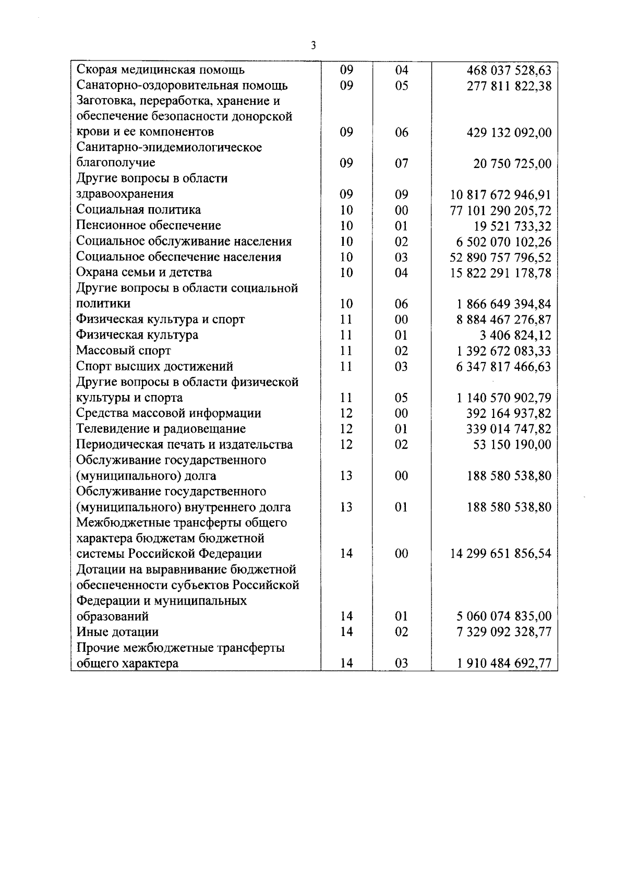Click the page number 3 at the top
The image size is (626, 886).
[313, 46]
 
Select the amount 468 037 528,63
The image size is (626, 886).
[509, 70]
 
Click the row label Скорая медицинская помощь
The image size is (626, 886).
[160, 70]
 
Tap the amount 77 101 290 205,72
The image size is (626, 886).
[500, 211]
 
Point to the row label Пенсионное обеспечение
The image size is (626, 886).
[149, 225]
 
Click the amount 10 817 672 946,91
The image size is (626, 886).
[500, 195]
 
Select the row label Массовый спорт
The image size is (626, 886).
[124, 351]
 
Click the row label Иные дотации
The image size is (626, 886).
[117, 632]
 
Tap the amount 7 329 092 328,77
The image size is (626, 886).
[504, 632]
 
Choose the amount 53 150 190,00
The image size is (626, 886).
[512, 445]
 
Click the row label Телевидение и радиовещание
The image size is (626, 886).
[161, 429]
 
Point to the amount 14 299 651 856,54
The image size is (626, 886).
[500, 554]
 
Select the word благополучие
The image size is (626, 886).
[116, 163]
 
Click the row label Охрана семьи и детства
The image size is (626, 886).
[144, 272]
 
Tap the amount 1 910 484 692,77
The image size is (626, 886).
[504, 663]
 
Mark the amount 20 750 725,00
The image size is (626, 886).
[512, 164]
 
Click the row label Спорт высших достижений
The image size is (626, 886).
[154, 366]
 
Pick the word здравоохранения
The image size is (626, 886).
[125, 194]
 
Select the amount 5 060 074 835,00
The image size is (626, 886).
[504, 616]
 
